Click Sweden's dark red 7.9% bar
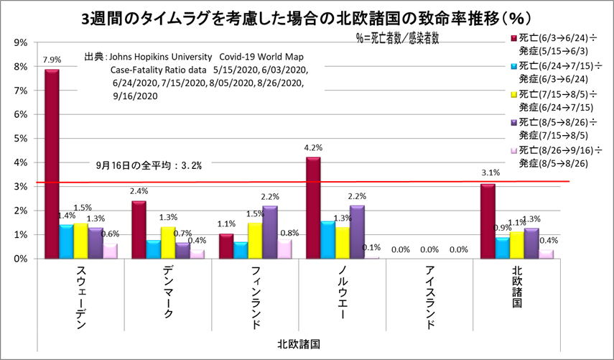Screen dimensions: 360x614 52,164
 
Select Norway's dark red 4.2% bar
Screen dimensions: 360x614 312,208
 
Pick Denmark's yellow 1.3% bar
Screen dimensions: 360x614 167,242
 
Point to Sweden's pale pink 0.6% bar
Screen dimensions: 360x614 110,251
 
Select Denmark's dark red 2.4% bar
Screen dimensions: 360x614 139,229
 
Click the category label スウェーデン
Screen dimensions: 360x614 80,297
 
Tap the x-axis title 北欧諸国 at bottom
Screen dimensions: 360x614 298,345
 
